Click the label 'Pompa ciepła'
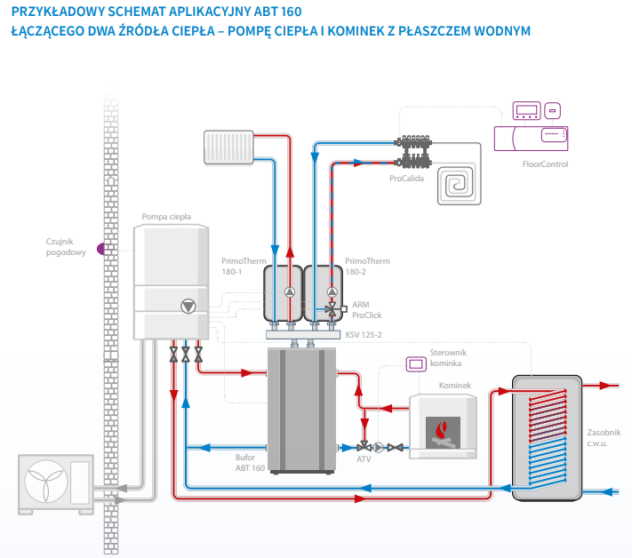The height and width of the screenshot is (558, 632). click(166, 216)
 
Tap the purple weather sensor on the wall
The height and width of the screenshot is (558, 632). click(100, 248)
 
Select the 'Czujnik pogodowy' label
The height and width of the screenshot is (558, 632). click(66, 246)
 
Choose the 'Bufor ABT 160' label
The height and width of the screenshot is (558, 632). click(250, 461)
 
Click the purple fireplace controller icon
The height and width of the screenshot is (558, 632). click(415, 363)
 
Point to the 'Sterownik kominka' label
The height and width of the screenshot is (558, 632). click(448, 358)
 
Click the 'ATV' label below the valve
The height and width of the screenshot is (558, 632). click(364, 459)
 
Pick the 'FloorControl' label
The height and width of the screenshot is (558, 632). click(546, 164)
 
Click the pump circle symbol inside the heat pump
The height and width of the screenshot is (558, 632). click(188, 307)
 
